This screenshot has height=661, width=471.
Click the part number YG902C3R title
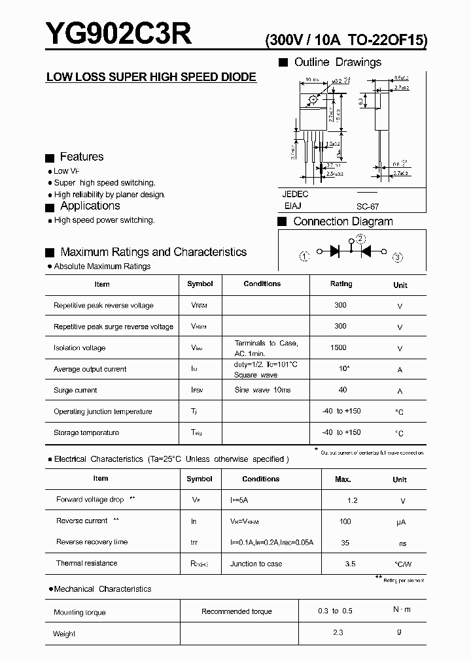(118, 34)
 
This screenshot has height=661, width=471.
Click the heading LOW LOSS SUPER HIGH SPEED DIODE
(151, 77)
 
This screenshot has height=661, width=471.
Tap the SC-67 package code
(368, 206)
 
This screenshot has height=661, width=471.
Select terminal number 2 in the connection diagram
(360, 238)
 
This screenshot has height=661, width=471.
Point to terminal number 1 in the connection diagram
(304, 256)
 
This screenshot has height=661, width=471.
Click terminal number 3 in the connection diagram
(397, 257)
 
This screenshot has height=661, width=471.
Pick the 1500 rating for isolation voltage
(339, 347)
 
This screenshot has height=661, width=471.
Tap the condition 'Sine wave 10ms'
(262, 390)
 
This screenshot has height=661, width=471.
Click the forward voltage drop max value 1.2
(352, 500)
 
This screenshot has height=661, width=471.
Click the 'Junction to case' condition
(256, 564)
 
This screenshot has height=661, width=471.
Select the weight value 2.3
(337, 633)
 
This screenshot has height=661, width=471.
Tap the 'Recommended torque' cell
(237, 611)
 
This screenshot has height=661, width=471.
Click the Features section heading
(81, 157)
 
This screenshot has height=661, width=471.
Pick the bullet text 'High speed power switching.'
(104, 220)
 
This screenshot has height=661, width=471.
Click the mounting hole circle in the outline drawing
(313, 99)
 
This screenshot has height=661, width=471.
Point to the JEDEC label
(296, 194)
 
